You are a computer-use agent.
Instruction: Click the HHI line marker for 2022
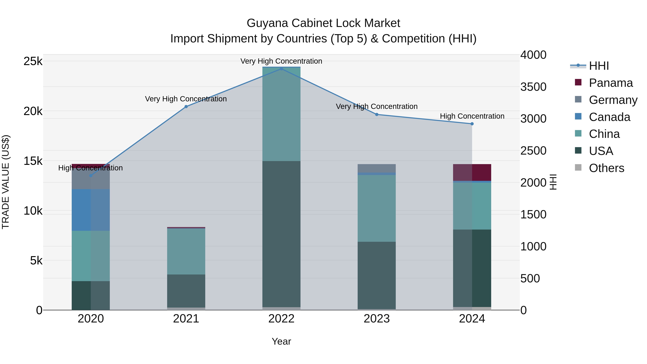coord(281,69)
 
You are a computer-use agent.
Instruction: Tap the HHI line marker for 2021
coord(186,107)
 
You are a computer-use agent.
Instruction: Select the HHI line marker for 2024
coord(472,124)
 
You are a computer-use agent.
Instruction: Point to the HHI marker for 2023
coord(377,115)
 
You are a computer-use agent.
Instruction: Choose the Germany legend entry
coord(613,100)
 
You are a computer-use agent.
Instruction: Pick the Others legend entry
coord(606,168)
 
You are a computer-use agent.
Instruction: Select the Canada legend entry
coord(609,117)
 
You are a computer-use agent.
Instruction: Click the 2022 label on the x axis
coord(281,319)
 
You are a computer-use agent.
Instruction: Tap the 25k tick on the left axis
coord(33,61)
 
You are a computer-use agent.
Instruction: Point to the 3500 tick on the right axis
coord(533,87)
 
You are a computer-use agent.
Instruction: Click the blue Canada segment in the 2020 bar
coord(91,210)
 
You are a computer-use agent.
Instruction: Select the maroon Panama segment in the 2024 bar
coord(472,172)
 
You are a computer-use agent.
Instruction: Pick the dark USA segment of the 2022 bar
coord(281,234)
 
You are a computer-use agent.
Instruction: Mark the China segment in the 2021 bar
coord(186,251)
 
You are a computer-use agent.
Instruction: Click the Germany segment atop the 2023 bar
coord(377,168)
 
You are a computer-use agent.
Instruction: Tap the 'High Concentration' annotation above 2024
coord(472,116)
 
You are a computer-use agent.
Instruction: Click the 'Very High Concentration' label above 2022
coord(281,61)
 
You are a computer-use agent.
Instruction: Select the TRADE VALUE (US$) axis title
coord(6,182)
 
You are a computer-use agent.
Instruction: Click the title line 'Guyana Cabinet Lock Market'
coord(323,23)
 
